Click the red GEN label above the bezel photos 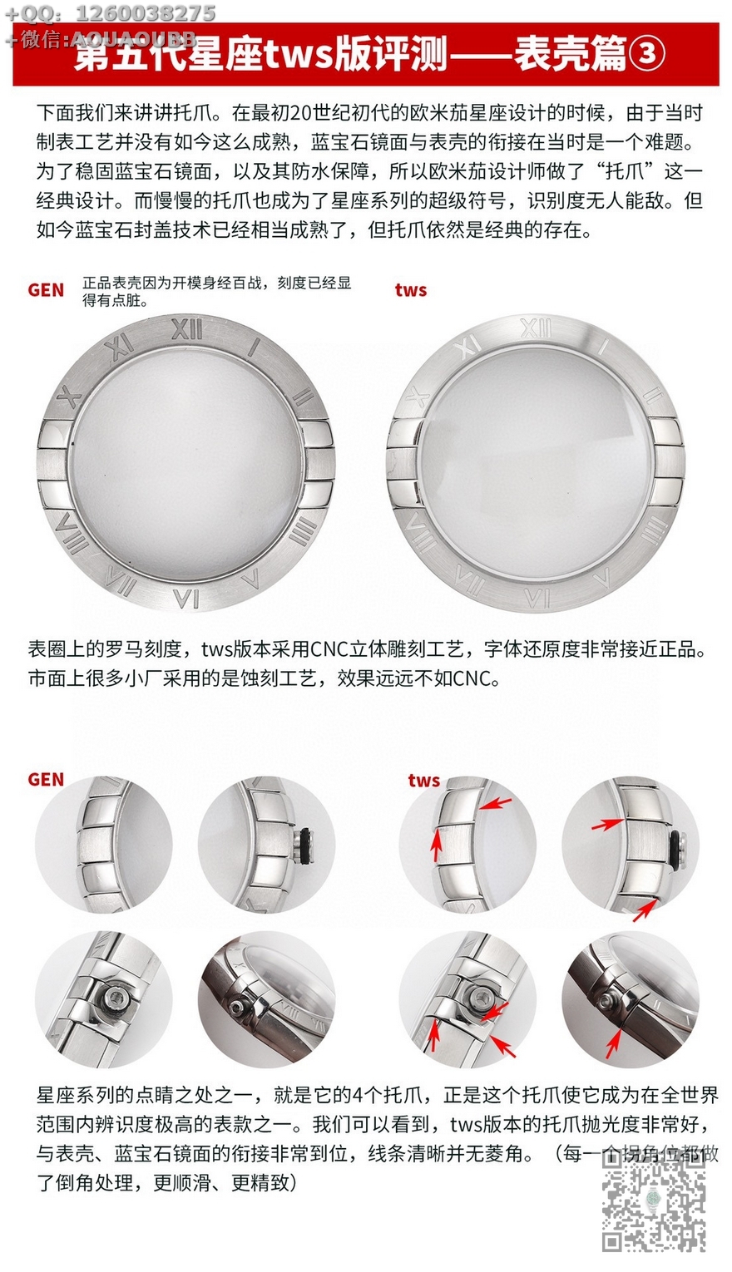(x=46, y=290)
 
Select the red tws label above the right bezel (x=411, y=290)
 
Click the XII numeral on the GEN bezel (x=187, y=328)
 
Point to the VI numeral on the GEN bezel (x=186, y=598)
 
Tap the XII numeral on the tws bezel (x=536, y=328)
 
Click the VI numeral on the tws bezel (x=537, y=598)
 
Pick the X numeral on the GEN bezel (x=70, y=397)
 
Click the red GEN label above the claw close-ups (x=46, y=780)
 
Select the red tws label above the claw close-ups (x=424, y=780)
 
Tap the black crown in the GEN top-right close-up (x=306, y=846)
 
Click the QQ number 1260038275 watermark (x=146, y=12)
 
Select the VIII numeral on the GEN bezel (x=73, y=533)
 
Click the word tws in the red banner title (x=299, y=55)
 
